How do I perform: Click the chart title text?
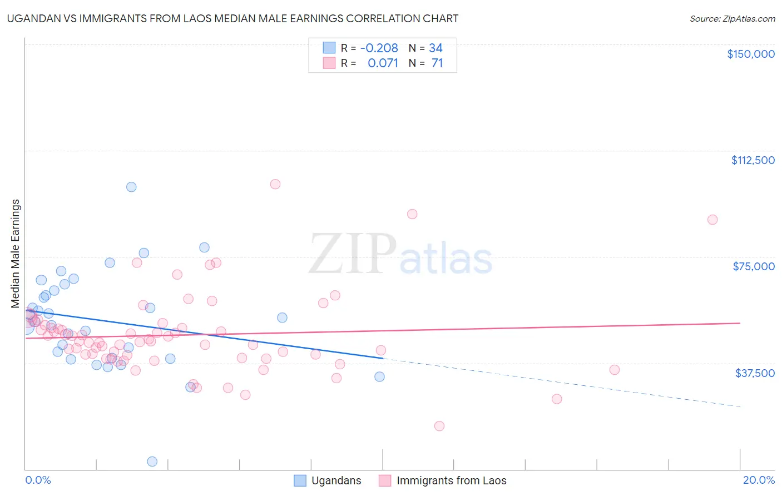(x=232, y=18)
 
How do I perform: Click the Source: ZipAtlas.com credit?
(x=732, y=18)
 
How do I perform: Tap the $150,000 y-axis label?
(x=750, y=54)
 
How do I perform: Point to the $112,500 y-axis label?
(x=753, y=160)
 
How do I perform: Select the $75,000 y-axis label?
(x=754, y=266)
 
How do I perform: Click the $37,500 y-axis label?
(x=755, y=373)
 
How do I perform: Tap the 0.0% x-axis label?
(x=38, y=480)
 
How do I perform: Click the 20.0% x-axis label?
(x=759, y=480)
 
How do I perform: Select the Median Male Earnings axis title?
(x=16, y=254)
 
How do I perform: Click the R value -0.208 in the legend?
(x=379, y=48)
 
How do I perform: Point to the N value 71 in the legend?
(x=437, y=63)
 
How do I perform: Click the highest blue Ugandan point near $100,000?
(x=131, y=187)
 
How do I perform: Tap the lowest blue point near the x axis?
(x=152, y=462)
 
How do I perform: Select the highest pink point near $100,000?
(x=275, y=184)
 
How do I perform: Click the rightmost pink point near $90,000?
(x=712, y=220)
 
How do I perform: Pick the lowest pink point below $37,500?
(x=439, y=426)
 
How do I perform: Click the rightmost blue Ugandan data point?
(x=379, y=376)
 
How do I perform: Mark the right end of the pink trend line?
(x=740, y=323)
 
